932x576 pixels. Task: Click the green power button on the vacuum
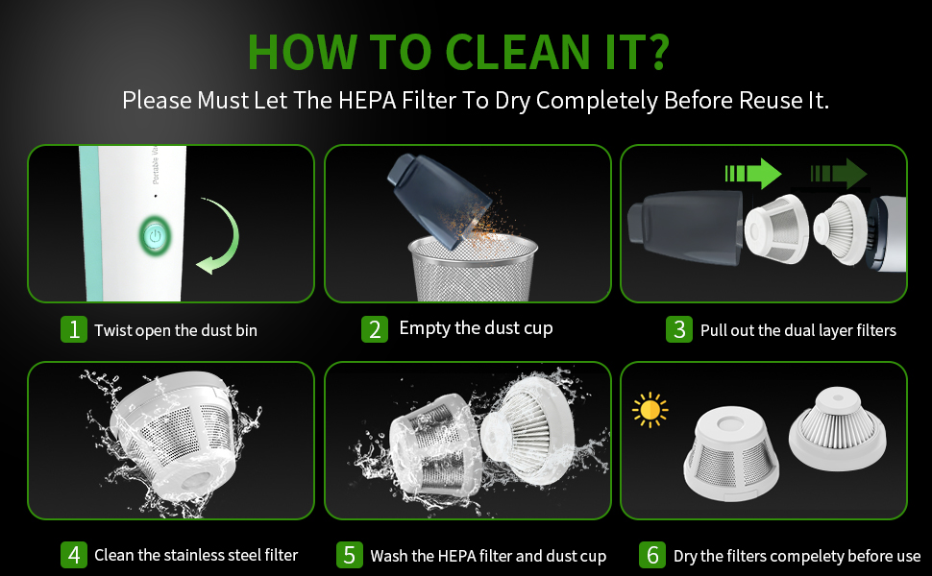pos(155,235)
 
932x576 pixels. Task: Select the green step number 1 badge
pos(74,329)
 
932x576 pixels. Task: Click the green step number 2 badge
pos(375,329)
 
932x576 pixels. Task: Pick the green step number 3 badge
pos(678,329)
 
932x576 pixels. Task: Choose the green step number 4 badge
pos(74,555)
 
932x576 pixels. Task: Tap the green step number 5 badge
pos(350,555)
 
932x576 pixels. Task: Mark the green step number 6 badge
pos(652,555)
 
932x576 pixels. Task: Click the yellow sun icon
pos(650,410)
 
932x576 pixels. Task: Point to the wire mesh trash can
pos(473,269)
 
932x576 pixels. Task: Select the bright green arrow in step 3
pos(753,174)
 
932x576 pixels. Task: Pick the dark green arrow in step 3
pos(839,174)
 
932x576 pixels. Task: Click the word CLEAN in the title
pos(517,52)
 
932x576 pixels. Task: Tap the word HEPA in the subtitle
pos(367,101)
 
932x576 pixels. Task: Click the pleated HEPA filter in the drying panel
pos(838,429)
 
